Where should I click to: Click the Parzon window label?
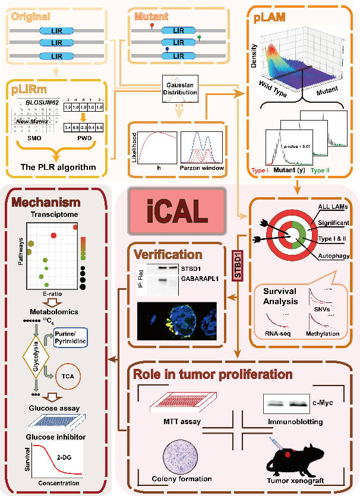[x=202, y=168]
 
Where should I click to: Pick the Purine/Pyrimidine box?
[x=70, y=337]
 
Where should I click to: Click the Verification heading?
[x=168, y=254]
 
